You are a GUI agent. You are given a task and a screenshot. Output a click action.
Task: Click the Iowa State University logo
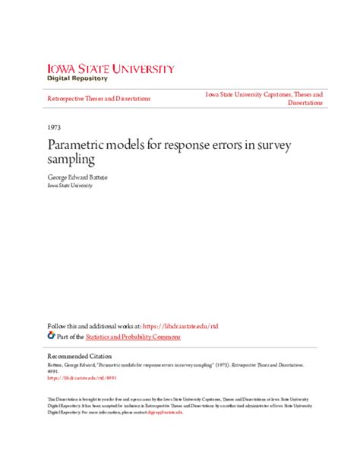pos(110,68)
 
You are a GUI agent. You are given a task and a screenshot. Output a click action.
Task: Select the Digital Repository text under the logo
pos(78,78)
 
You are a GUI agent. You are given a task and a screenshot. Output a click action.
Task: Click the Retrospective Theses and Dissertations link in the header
pos(99,99)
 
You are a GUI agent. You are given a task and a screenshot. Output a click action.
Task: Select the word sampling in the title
pos(69,160)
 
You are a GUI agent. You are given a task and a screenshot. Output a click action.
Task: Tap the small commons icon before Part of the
pos(51,335)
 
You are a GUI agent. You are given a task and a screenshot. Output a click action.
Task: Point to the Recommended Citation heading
pos(78,356)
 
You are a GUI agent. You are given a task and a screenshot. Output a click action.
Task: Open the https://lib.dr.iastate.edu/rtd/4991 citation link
pos(74,377)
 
